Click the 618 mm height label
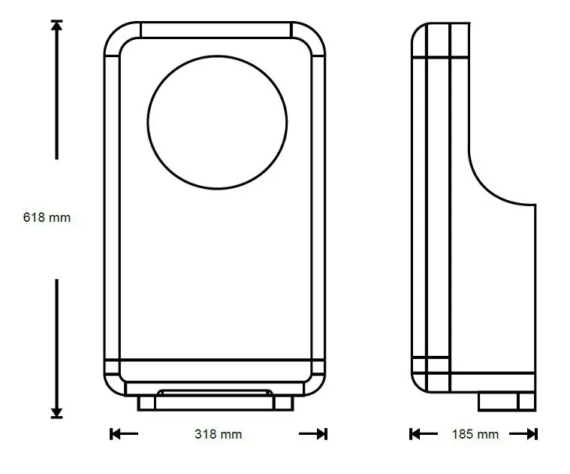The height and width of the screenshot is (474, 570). click(47, 217)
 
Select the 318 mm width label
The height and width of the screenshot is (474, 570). click(218, 434)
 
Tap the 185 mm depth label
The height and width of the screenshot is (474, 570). click(475, 434)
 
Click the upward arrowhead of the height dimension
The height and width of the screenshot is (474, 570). click(57, 25)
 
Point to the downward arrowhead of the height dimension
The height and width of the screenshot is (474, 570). click(57, 413)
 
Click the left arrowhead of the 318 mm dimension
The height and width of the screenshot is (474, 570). click(115, 434)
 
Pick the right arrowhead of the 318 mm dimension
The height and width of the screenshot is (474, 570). click(322, 434)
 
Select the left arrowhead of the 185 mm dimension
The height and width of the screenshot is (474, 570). click(415, 434)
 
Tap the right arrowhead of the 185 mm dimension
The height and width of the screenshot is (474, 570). click(532, 434)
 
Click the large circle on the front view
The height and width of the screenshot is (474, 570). click(147, 123)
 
